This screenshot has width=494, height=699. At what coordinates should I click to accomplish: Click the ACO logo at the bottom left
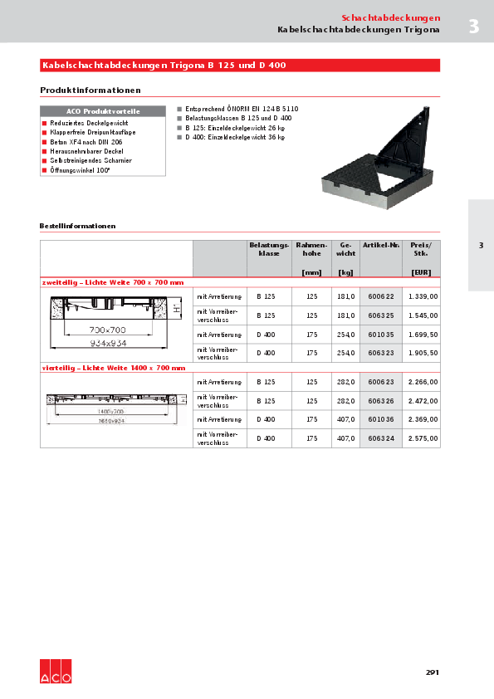56,672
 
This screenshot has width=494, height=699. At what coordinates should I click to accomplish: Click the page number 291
432,672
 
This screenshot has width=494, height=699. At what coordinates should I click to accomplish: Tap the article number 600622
381,296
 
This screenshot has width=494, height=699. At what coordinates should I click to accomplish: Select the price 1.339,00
423,296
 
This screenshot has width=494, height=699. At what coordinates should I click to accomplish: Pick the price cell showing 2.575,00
423,438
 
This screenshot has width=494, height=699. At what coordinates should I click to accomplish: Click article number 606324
381,438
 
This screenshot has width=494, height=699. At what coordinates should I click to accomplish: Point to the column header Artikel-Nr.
381,246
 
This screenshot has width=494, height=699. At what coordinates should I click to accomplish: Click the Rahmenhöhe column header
311,250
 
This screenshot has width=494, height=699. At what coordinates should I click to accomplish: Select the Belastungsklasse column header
269,250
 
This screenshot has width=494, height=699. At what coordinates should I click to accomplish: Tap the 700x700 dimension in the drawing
108,330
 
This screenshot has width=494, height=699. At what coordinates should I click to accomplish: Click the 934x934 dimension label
108,341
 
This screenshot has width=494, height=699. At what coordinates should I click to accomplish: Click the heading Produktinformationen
90,90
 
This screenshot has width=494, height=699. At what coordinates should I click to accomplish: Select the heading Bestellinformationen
77,226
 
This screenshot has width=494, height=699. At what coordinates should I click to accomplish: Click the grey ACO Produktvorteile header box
103,111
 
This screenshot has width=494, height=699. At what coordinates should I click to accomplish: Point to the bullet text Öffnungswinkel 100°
81,169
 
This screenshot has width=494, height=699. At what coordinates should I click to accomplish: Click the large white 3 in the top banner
473,27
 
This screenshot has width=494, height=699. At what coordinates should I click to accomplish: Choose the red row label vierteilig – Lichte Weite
113,367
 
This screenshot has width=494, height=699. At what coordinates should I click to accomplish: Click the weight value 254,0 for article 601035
346,335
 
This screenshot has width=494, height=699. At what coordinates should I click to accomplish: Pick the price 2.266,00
423,382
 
